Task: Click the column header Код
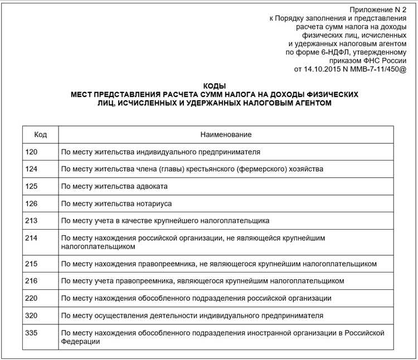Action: click(x=40, y=135)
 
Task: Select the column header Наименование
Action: click(x=226, y=135)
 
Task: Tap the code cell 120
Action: click(x=32, y=152)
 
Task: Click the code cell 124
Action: click(x=32, y=169)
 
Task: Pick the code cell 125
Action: click(x=32, y=186)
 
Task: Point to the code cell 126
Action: click(x=32, y=203)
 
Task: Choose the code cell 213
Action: click(x=32, y=221)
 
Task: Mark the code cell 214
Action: click(x=32, y=238)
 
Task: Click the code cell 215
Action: click(x=32, y=263)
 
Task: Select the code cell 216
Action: click(x=32, y=280)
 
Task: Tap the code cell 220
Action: click(x=32, y=298)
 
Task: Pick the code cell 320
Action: click(x=32, y=315)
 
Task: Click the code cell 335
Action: click(x=32, y=333)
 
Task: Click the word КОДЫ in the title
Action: click(x=215, y=86)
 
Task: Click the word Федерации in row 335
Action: click(x=80, y=342)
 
